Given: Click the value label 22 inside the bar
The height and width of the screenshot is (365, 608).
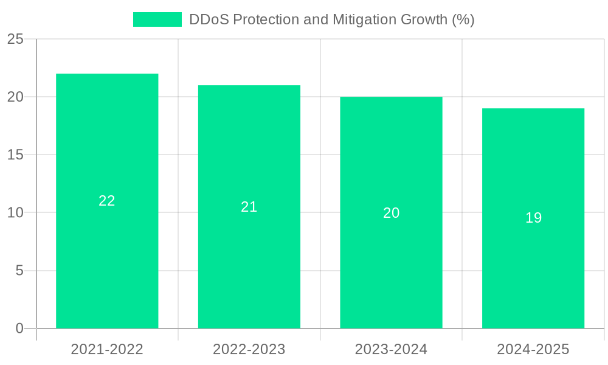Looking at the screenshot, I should pos(107,201).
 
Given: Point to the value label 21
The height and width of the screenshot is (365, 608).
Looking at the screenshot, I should pos(249,207).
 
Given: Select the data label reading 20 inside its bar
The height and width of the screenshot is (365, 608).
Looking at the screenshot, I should pos(391,213).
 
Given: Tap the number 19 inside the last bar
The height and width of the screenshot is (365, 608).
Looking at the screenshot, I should pos(533,218).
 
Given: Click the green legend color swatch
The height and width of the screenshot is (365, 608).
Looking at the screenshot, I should pos(157,19).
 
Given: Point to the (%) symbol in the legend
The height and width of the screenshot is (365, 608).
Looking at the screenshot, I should pos(463,19).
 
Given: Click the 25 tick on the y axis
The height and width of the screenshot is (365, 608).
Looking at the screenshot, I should pos(15,40).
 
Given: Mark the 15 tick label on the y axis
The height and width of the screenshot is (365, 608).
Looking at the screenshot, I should pos(15,155).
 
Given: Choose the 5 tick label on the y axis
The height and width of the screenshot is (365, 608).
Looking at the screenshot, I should pos(19,271).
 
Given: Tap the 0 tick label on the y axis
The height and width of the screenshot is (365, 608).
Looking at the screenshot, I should pos(19,328).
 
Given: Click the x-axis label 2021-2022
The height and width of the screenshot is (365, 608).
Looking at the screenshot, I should pos(107,349).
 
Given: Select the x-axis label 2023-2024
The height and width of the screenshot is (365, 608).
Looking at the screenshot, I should pos(391,349).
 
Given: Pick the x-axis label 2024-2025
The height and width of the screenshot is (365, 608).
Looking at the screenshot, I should pos(533,349).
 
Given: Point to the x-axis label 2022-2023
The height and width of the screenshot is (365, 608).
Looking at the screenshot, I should pos(249,349).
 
